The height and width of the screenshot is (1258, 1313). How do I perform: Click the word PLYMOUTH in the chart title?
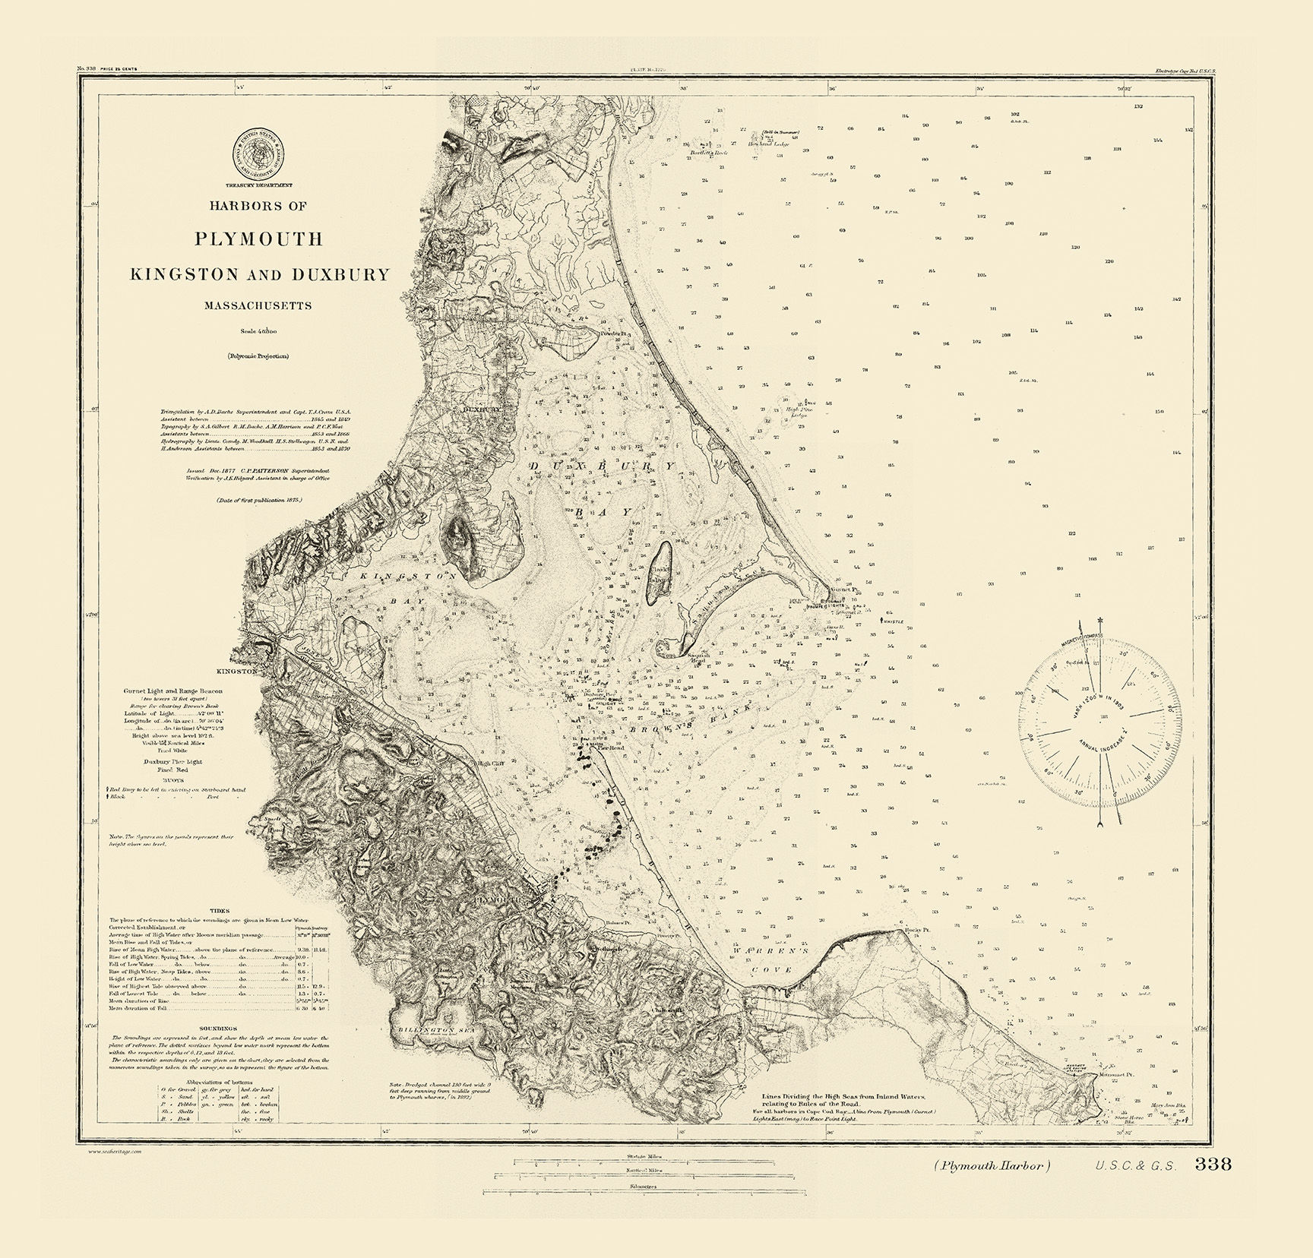pos(258,239)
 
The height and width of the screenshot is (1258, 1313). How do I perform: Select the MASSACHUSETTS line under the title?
pos(258,305)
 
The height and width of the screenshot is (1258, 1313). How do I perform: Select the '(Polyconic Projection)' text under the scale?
pos(257,356)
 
